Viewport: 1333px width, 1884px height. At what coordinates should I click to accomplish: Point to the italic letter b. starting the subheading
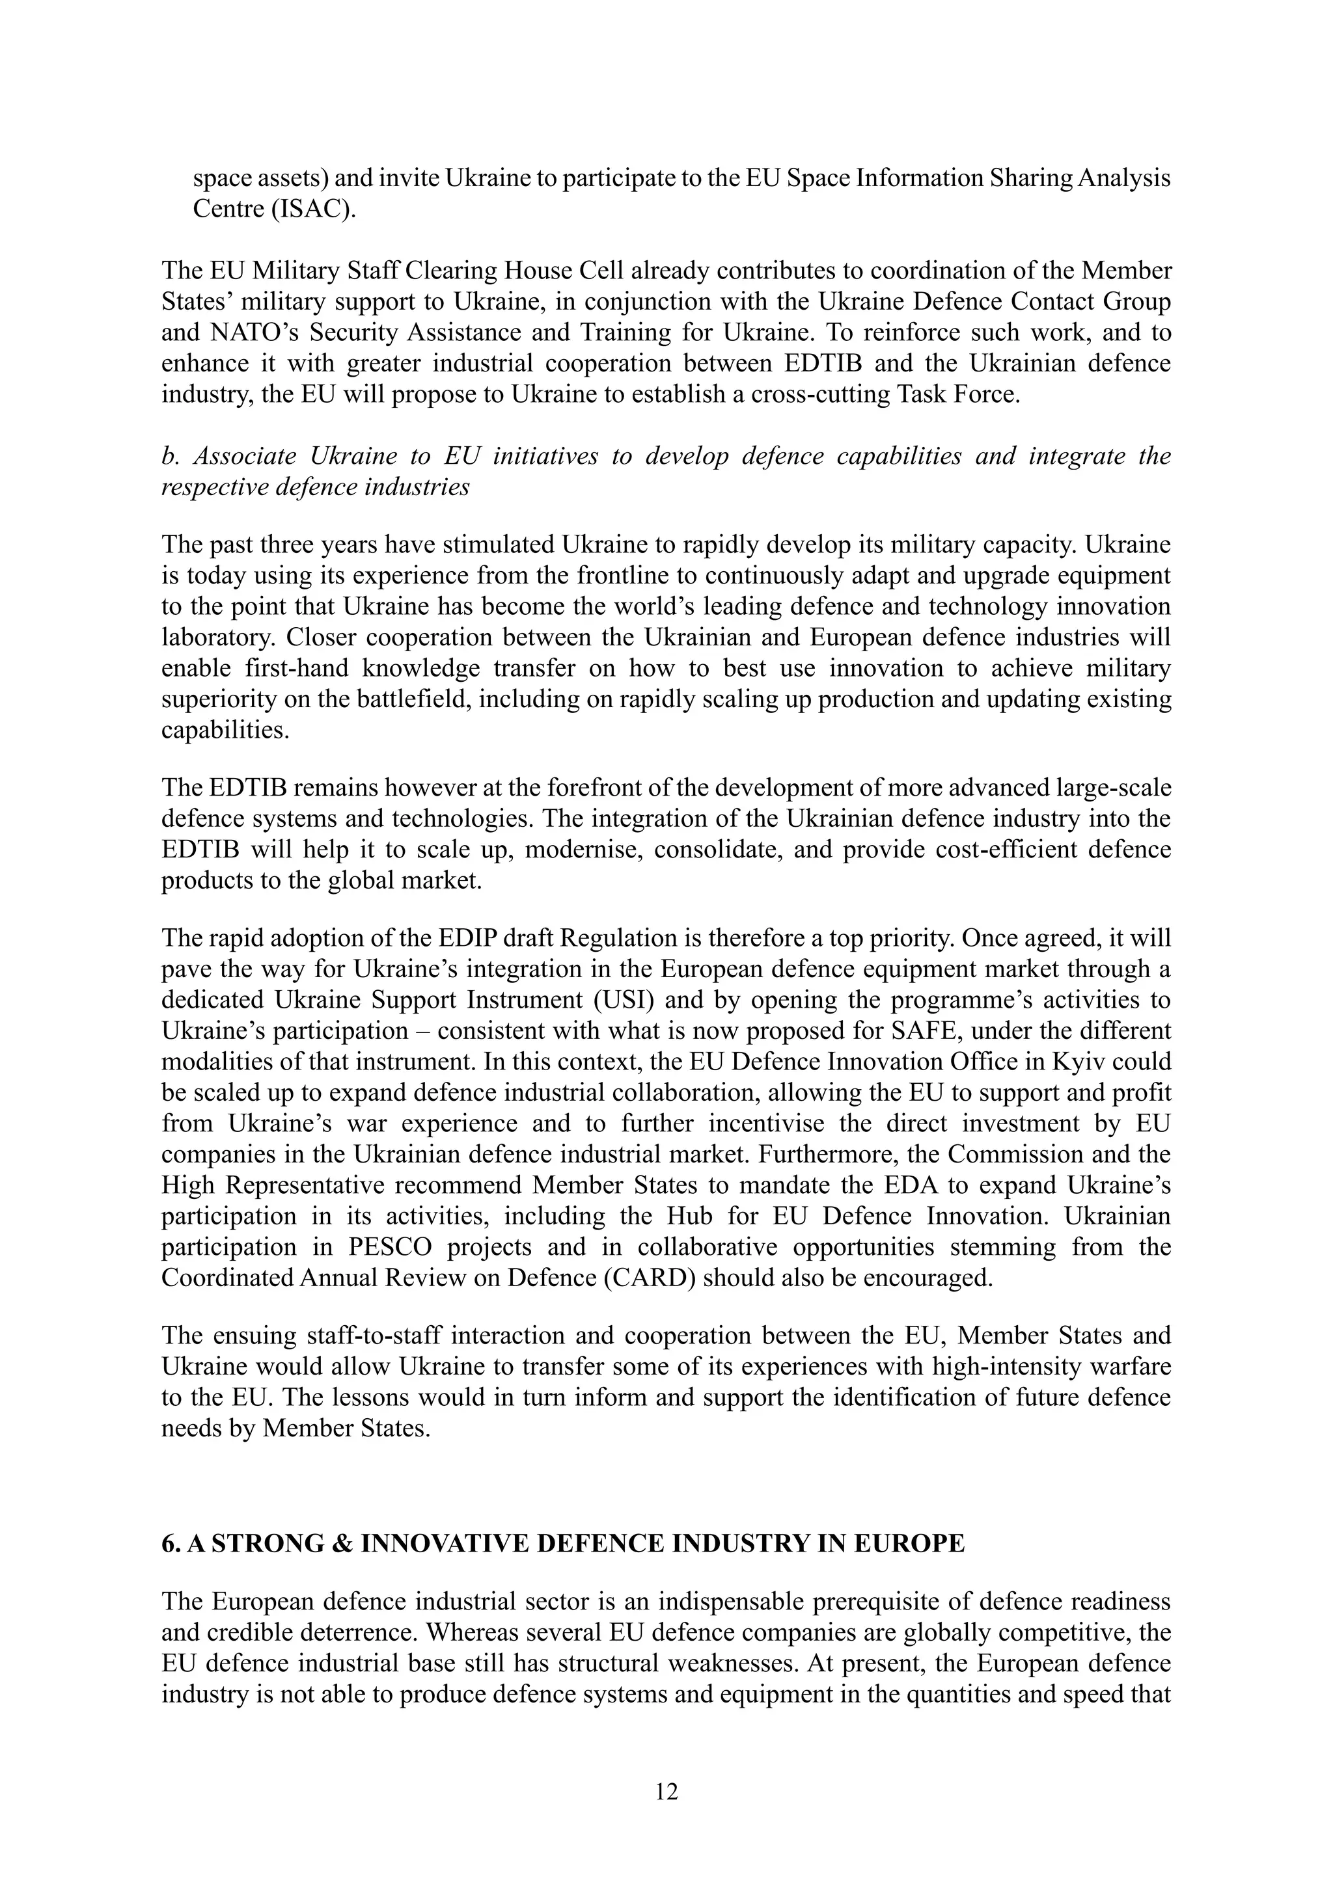[x=169, y=456]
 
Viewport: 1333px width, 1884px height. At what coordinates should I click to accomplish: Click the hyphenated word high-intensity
[x=1012, y=1367]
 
